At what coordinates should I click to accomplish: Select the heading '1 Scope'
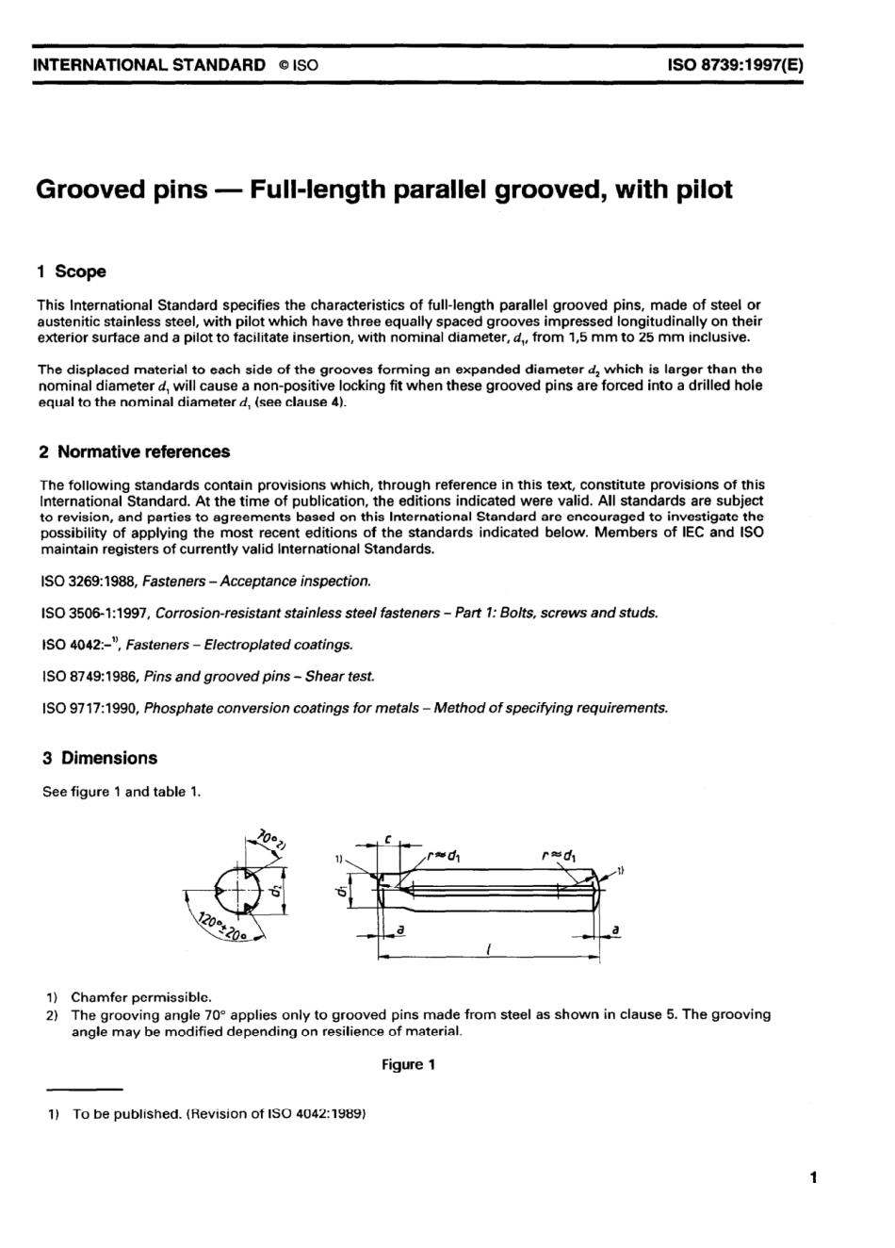[72, 271]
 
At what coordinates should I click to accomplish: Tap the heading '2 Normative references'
[134, 452]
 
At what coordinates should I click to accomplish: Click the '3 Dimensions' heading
[98, 758]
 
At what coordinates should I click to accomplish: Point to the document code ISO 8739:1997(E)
[735, 66]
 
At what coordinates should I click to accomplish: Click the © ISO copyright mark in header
[298, 66]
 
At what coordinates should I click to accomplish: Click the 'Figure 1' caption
[408, 1064]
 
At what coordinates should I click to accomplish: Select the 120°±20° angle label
[218, 926]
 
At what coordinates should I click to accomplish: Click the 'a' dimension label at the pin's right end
[614, 930]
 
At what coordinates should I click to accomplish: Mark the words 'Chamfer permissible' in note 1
[141, 996]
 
